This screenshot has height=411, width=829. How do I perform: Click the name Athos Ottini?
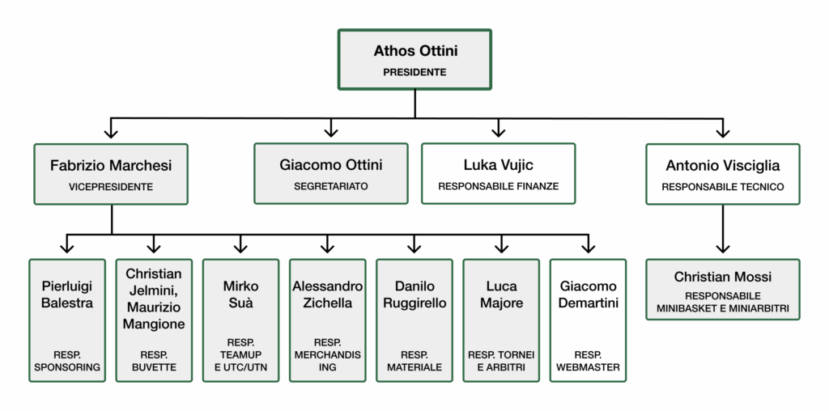point(415,51)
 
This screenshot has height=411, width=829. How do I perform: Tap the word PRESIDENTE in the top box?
point(414,72)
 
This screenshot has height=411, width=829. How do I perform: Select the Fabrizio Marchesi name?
point(111,165)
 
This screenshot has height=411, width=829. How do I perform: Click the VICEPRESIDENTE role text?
point(111,187)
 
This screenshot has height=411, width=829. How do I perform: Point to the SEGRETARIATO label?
point(330,186)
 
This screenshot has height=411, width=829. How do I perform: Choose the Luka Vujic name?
point(498,165)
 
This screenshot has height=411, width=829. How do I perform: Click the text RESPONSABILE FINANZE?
point(498,186)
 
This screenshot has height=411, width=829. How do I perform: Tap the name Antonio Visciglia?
point(722,165)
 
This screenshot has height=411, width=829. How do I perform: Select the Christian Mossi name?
point(722,277)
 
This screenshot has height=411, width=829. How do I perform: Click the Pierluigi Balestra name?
point(68,294)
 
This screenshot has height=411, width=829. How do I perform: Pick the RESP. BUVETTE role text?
point(154,361)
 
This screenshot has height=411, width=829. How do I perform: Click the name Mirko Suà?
point(240,294)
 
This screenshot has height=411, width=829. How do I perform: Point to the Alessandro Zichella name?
point(327,294)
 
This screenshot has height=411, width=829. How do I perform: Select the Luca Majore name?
point(501,294)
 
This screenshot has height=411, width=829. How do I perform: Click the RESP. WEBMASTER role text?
point(588,361)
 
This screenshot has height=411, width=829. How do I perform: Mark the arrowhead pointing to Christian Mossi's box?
point(722,248)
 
